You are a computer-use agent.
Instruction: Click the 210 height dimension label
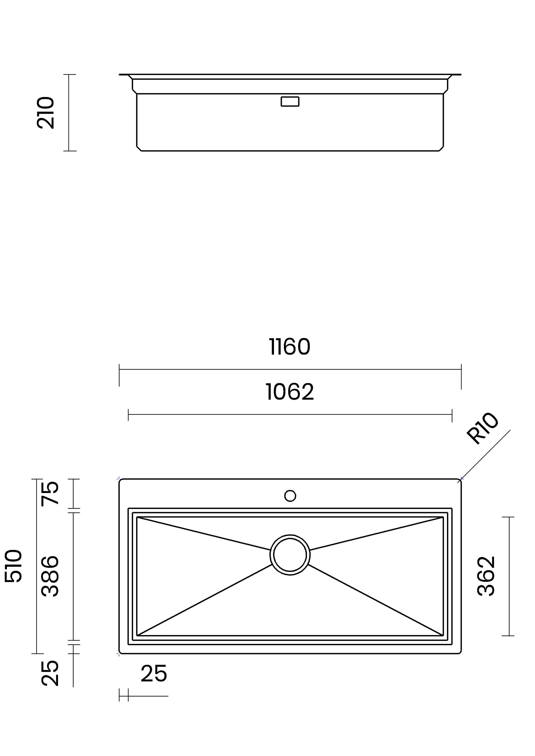45,113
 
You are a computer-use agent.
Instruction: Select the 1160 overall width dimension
290,347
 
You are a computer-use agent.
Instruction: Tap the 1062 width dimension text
290,392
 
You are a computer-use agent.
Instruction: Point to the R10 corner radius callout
482,428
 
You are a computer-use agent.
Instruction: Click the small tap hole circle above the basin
290,496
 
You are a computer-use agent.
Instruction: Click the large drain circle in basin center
290,555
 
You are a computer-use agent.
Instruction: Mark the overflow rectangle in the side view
290,101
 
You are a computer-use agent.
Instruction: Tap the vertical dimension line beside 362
509,576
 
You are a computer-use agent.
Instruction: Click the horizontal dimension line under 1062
290,414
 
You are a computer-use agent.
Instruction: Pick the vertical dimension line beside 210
69,113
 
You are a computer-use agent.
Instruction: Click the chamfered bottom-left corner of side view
139,149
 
